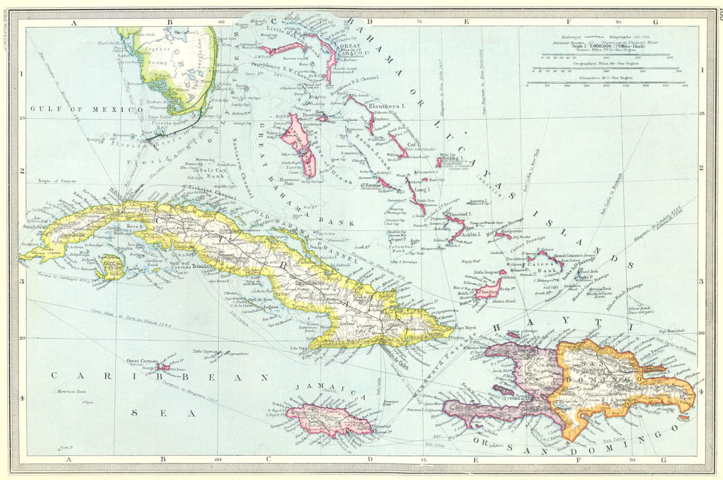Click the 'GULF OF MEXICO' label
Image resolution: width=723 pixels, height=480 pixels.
click(87, 109)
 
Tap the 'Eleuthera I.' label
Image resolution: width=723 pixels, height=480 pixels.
click(387, 104)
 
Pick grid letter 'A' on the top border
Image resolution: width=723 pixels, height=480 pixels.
click(74, 22)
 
